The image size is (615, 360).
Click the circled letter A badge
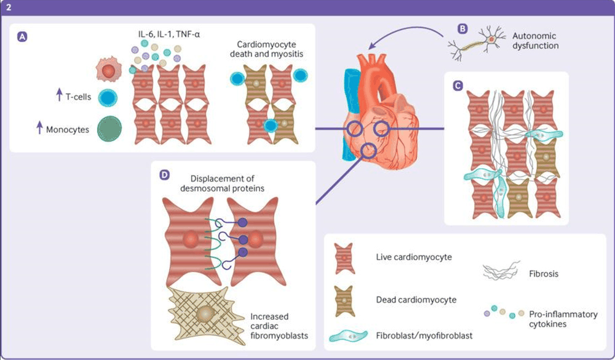(23, 38)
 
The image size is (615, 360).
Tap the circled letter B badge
(463, 28)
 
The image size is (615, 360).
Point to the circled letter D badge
(164, 175)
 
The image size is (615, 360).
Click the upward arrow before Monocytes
(40, 127)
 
